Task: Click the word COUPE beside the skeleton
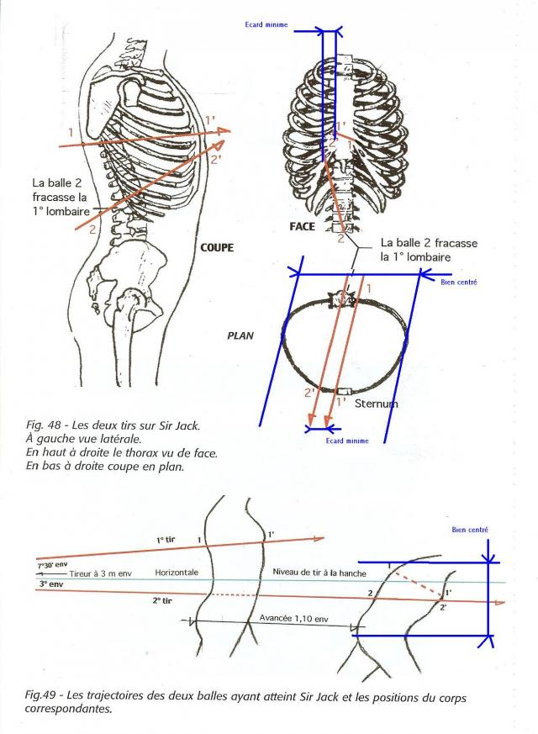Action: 217,247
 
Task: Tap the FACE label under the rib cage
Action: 303,226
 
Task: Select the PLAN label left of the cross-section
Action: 240,335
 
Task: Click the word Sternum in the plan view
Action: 376,403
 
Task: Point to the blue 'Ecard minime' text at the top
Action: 266,24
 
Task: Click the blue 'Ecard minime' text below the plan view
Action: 347,441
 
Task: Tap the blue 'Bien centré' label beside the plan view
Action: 459,282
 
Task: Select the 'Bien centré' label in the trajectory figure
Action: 470,530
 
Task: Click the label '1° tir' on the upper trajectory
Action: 166,540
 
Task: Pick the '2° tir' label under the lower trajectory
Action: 162,600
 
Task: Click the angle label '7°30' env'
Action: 52,565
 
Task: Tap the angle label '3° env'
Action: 51,584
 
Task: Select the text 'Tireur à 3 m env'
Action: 101,573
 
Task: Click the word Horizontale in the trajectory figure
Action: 177,573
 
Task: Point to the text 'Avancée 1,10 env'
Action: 293,618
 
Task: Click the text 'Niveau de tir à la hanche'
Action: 319,573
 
